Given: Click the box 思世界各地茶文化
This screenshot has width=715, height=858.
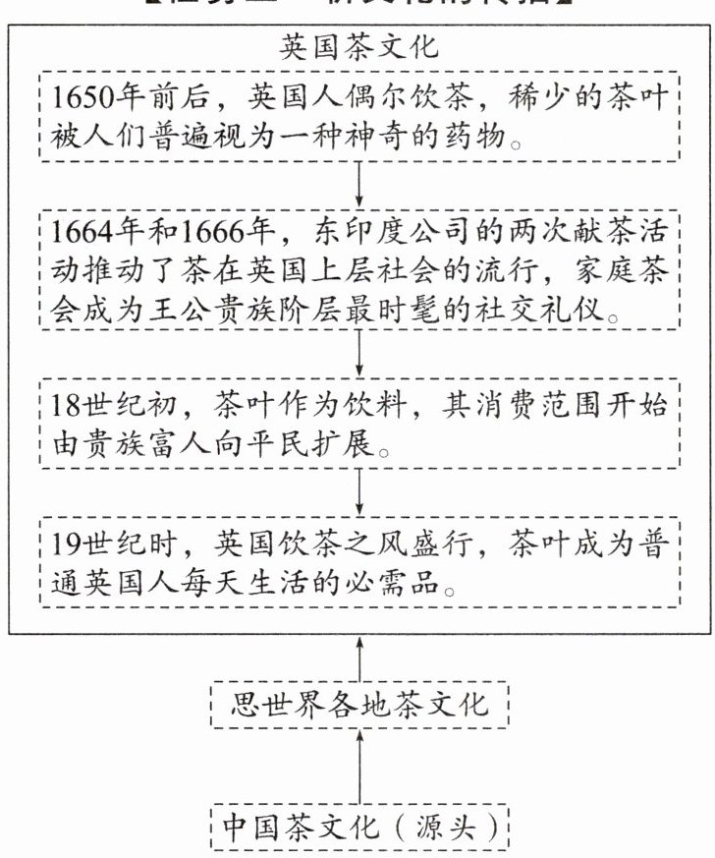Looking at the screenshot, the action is tap(359, 705).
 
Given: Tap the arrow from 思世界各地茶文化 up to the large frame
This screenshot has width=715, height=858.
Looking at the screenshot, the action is tap(360, 658).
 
